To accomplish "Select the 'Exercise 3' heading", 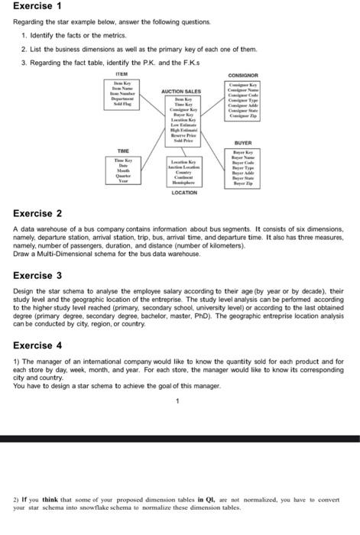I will coord(37,274).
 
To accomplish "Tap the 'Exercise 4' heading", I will coord(37,345).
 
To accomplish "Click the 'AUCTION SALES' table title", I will coord(180,92).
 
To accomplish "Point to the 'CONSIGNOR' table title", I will coord(243,76).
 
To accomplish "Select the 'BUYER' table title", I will coord(243,143).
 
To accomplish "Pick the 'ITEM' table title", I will coord(122,73).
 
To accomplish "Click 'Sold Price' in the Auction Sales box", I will coord(180,141).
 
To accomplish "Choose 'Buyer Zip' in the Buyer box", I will coord(243,185).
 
